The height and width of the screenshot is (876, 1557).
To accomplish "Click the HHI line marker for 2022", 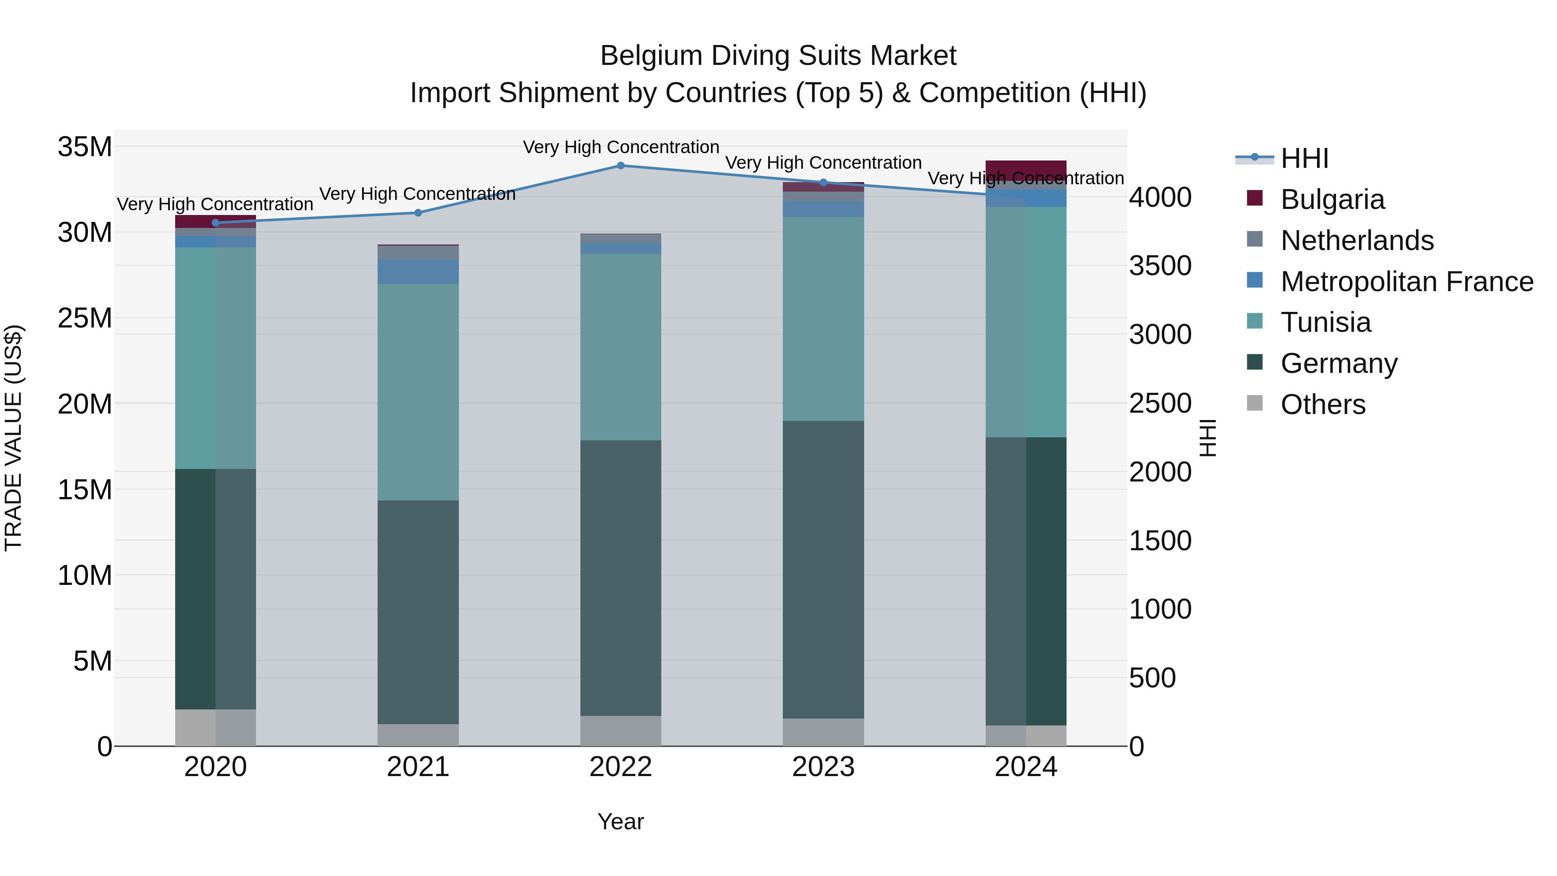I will tap(621, 165).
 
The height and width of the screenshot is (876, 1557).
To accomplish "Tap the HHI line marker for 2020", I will tap(216, 222).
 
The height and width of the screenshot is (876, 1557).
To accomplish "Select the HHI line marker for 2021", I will tap(418, 212).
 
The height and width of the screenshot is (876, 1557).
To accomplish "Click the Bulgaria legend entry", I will tap(1332, 199).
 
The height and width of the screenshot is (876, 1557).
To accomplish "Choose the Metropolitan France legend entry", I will tap(1406, 282).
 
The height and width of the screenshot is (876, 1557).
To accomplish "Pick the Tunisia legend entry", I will tap(1326, 322).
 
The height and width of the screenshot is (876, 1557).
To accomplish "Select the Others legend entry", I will tap(1323, 404).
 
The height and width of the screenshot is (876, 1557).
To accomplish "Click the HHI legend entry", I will tap(1304, 158).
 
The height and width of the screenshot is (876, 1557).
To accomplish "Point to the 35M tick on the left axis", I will tap(85, 147).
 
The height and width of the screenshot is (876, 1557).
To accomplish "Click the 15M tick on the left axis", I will tap(85, 490).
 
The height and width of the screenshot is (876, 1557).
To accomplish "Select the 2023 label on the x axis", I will tap(823, 767).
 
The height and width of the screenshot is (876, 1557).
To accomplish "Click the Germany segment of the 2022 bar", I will tap(621, 578).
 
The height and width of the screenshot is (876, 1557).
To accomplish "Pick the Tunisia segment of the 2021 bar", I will tap(418, 392).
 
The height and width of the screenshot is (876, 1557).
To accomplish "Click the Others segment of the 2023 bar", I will tap(823, 732).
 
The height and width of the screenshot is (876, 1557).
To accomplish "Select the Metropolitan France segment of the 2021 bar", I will tap(418, 271).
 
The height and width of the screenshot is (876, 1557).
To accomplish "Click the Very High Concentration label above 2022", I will tap(621, 147).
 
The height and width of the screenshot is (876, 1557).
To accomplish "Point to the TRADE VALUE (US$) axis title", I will tap(13, 438).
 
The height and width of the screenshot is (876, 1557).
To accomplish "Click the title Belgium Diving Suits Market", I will tap(778, 56).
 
